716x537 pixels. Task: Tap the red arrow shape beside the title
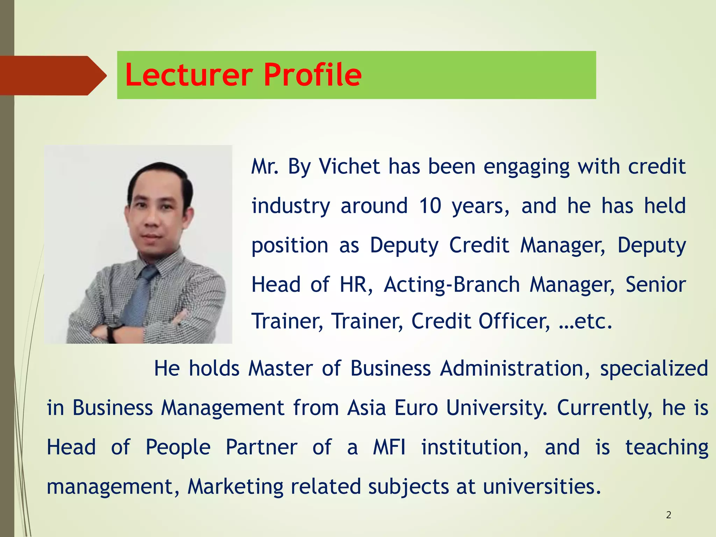click(x=52, y=76)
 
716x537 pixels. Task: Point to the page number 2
click(x=668, y=515)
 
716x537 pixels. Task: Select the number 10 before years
click(x=430, y=206)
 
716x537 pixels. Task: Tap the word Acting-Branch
click(x=452, y=285)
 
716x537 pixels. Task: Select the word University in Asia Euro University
click(x=496, y=408)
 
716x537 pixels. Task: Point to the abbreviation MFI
click(x=389, y=447)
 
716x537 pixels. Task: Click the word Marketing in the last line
click(x=235, y=487)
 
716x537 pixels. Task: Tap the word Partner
click(x=261, y=447)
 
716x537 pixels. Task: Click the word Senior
click(x=656, y=285)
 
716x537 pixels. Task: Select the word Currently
click(x=604, y=408)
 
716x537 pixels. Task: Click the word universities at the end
click(x=542, y=487)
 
